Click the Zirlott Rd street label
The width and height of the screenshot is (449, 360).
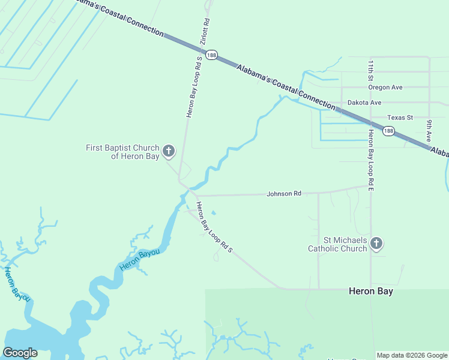click(205, 31)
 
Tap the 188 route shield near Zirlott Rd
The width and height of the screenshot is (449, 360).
click(211, 55)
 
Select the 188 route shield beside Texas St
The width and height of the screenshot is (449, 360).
click(389, 131)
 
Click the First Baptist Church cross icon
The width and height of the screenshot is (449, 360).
click(169, 152)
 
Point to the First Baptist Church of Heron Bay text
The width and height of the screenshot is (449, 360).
click(123, 152)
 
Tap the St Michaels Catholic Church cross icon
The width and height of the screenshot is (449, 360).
click(376, 243)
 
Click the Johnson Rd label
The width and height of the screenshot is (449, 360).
click(284, 194)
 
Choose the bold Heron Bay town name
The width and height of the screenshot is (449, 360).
click(371, 291)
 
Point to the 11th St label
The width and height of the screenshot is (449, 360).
click(371, 71)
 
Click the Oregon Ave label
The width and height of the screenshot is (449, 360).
click(385, 87)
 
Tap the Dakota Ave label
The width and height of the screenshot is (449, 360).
click(364, 103)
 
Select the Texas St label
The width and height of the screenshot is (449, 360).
click(400, 118)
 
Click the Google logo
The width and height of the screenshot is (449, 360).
click(20, 353)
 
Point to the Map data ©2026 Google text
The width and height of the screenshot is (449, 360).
click(412, 355)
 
